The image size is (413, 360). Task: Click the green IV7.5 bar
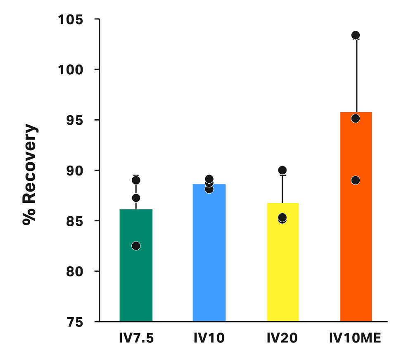click(136, 281)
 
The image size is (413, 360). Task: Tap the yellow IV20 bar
click(282, 272)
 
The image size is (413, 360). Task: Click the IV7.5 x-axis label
click(136, 339)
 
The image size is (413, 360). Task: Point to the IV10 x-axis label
click(209, 339)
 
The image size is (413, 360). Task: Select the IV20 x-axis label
click(282, 339)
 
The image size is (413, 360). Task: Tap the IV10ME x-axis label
click(355, 339)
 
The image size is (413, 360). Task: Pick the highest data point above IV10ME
click(356, 35)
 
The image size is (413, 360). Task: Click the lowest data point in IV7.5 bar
click(136, 246)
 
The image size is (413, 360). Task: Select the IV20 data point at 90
click(282, 170)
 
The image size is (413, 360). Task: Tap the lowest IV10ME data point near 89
click(356, 180)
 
